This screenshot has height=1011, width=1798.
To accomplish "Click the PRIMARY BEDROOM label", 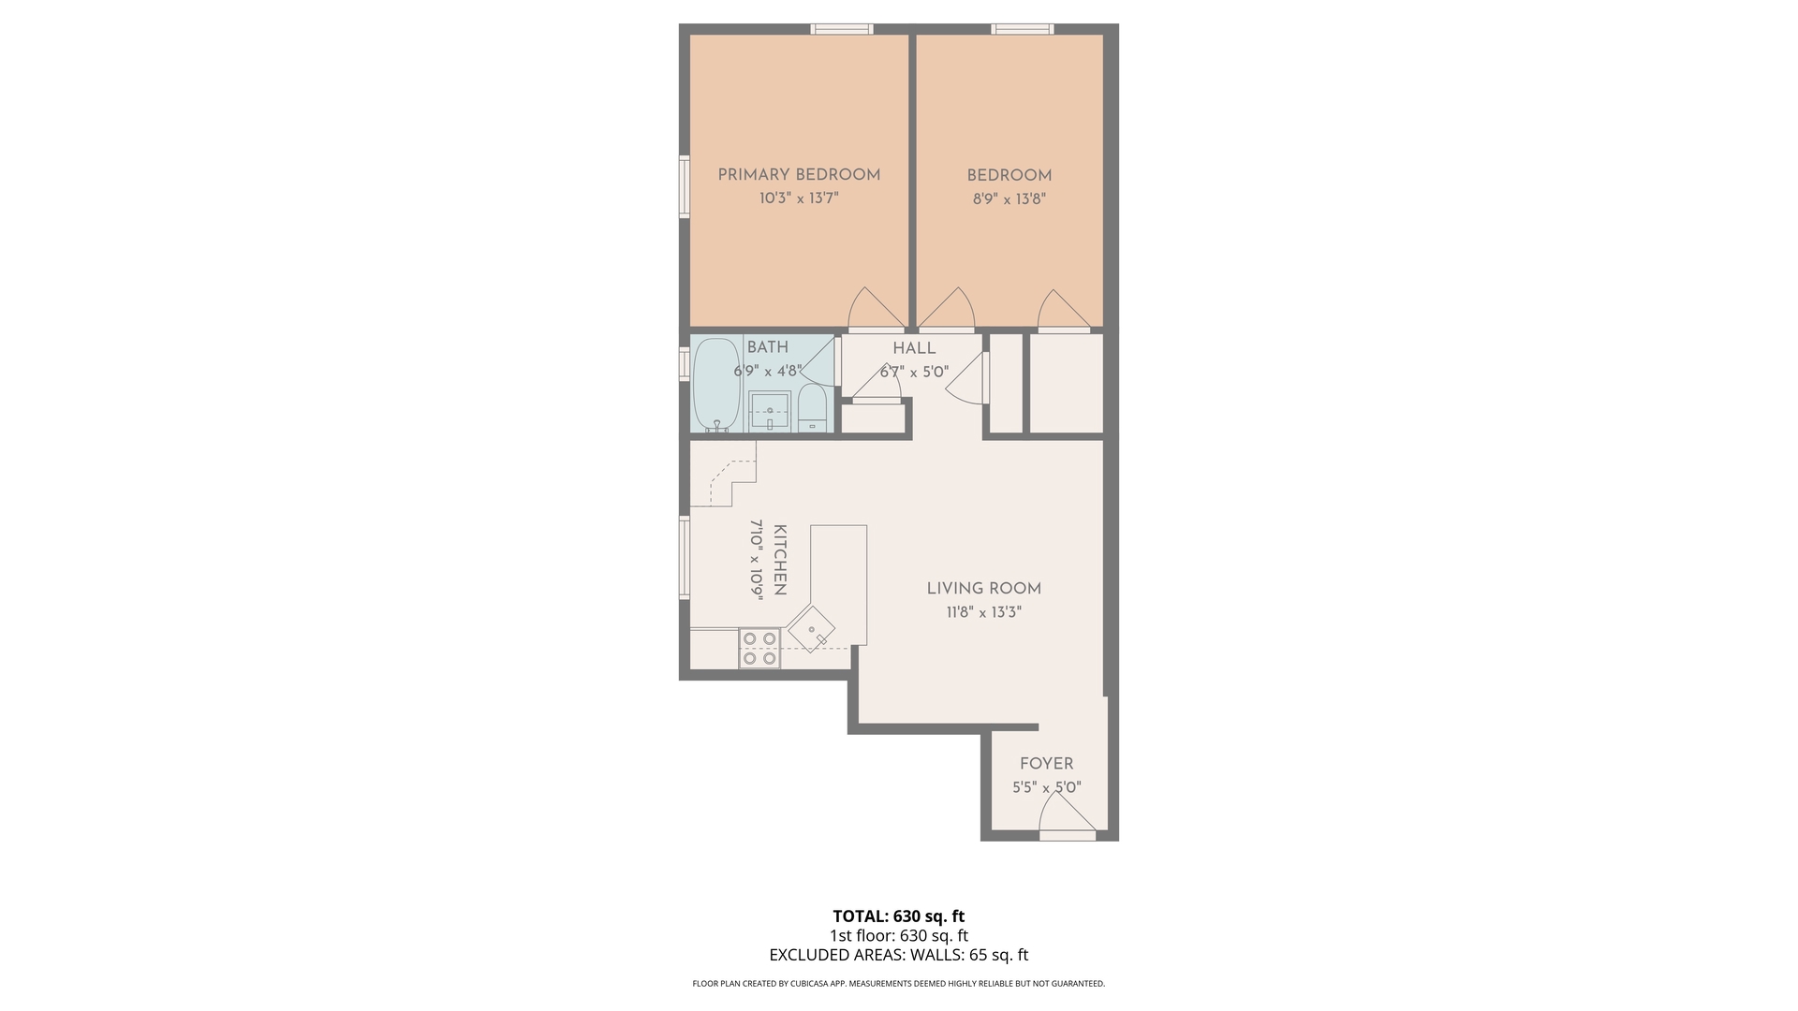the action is (799, 175).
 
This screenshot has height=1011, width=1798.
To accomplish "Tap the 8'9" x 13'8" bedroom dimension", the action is (1009, 199).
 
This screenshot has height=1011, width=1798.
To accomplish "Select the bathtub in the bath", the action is (716, 385).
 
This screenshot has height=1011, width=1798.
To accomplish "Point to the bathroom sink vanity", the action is (771, 411).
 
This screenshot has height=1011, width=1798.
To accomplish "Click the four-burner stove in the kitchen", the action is (759, 648).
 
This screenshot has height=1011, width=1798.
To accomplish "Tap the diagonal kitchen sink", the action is (812, 629).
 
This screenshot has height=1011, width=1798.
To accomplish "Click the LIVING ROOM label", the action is (984, 589).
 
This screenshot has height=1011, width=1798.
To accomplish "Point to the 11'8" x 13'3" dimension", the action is (983, 613).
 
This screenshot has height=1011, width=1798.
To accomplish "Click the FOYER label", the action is (1047, 764).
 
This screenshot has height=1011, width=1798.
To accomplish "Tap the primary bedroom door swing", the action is (877, 310).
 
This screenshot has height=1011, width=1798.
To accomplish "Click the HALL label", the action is (914, 348).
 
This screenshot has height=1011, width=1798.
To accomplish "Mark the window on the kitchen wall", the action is (685, 558).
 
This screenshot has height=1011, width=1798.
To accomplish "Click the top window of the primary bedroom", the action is (842, 29).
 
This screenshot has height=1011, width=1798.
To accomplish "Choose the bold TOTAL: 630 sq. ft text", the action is (899, 916).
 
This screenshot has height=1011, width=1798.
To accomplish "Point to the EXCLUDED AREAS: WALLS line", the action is (899, 956).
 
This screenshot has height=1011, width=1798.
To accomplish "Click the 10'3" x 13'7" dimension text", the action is (799, 198).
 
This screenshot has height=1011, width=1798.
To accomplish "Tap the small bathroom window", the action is (685, 364).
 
